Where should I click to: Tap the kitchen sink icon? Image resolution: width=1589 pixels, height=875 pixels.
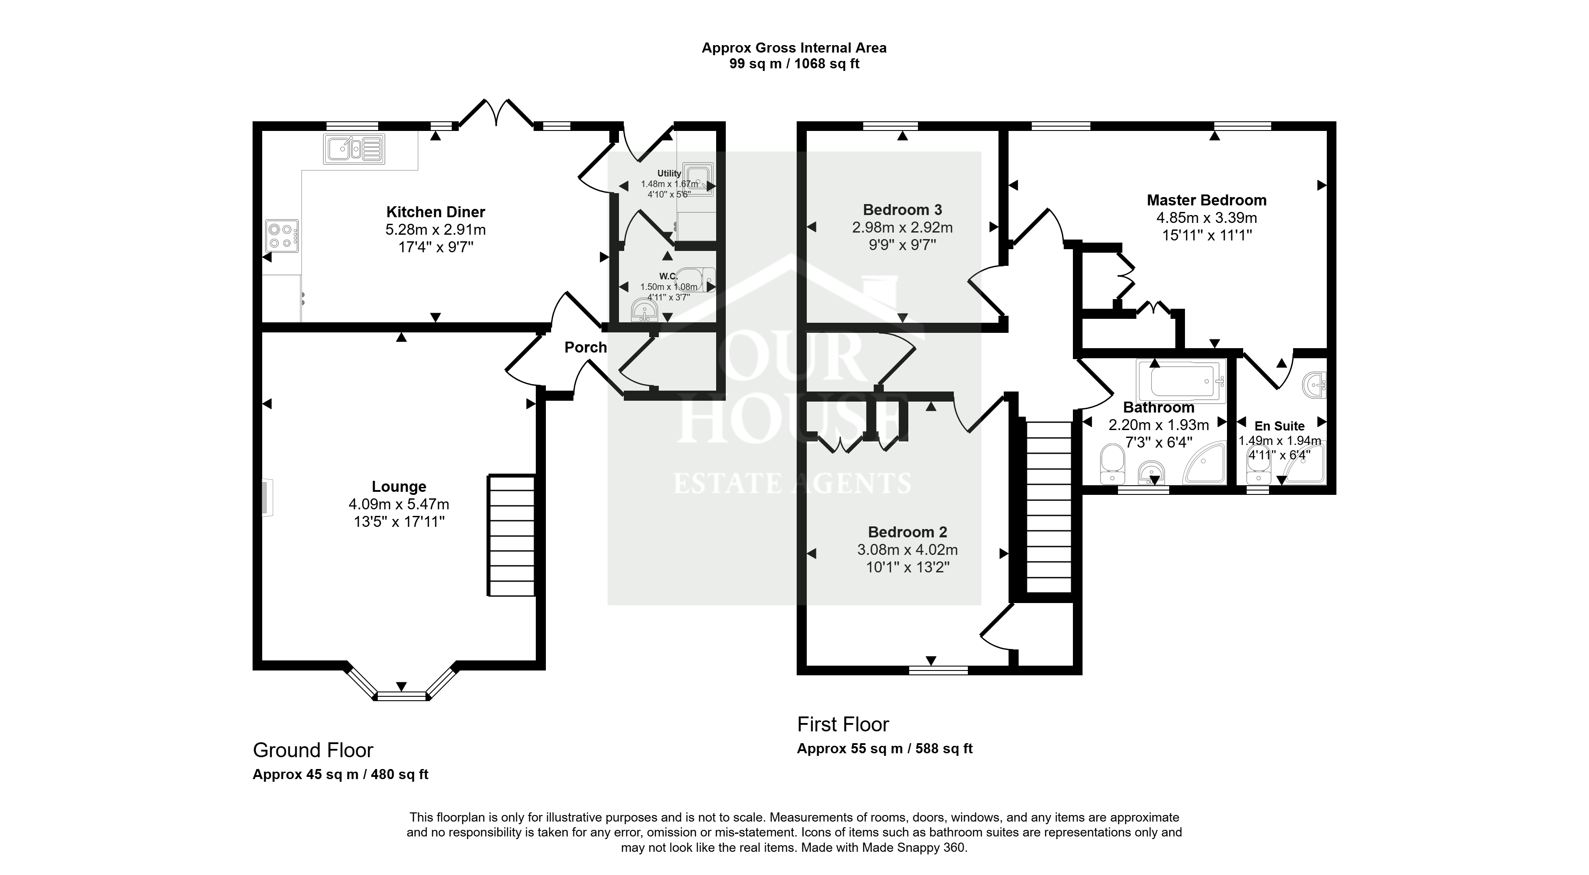tap(353, 149)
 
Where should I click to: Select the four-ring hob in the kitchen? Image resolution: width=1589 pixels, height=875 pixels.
tap(282, 236)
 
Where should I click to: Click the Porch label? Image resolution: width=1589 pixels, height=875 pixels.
tap(585, 347)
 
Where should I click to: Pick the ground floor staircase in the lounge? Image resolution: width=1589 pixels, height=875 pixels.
tap(511, 535)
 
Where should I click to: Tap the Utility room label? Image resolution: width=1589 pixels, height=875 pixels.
tap(669, 173)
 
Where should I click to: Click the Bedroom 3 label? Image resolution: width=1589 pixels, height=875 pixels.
tap(903, 210)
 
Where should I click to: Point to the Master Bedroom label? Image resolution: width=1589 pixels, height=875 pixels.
tap(1206, 200)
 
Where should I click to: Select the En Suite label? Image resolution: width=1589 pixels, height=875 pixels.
tap(1280, 426)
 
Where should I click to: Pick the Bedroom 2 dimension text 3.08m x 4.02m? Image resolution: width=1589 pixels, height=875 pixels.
tap(907, 549)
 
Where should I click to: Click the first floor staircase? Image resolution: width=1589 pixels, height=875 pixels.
tap(1049, 507)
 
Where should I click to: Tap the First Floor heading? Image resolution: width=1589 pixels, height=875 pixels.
tap(843, 724)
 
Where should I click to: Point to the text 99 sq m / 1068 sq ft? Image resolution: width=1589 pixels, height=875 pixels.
tap(794, 64)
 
